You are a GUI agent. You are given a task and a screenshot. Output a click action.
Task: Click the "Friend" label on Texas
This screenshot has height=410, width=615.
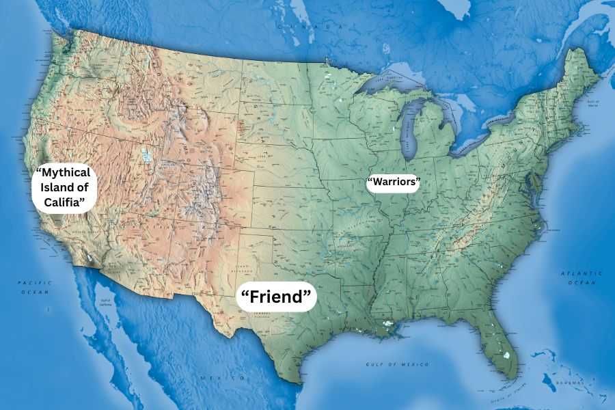pyautogui.click(x=277, y=297)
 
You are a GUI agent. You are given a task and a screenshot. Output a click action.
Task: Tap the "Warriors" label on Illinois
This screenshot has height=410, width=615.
pyautogui.click(x=393, y=182)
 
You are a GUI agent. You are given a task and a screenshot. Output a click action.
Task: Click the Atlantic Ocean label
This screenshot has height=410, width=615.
pyautogui.click(x=582, y=277)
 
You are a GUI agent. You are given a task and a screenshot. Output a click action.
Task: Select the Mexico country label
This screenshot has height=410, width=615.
pyautogui.click(x=218, y=377)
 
